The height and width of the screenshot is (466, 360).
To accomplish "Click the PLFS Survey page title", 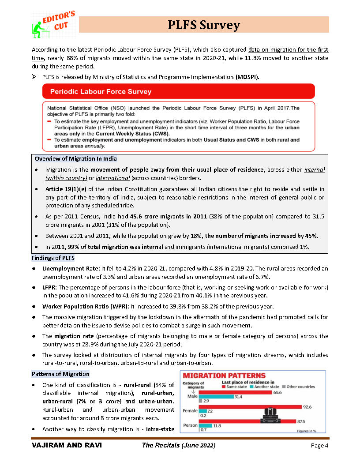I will [x=204, y=25].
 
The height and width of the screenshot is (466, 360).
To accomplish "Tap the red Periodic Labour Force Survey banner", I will [x=178, y=92].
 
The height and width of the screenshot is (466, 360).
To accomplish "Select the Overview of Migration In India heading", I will [x=76, y=159].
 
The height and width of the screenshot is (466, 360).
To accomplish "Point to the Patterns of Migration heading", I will [x=60, y=374].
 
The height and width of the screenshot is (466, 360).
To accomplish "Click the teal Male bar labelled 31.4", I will [x=216, y=397].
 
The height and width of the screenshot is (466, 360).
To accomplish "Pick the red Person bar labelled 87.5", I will [x=247, y=421].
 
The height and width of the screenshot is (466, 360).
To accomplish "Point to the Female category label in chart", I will [x=190, y=411].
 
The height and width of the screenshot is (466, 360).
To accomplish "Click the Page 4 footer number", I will [x=319, y=446].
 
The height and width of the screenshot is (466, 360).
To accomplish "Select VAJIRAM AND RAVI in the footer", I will [x=66, y=446].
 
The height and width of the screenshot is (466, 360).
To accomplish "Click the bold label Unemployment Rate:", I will [x=71, y=268].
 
